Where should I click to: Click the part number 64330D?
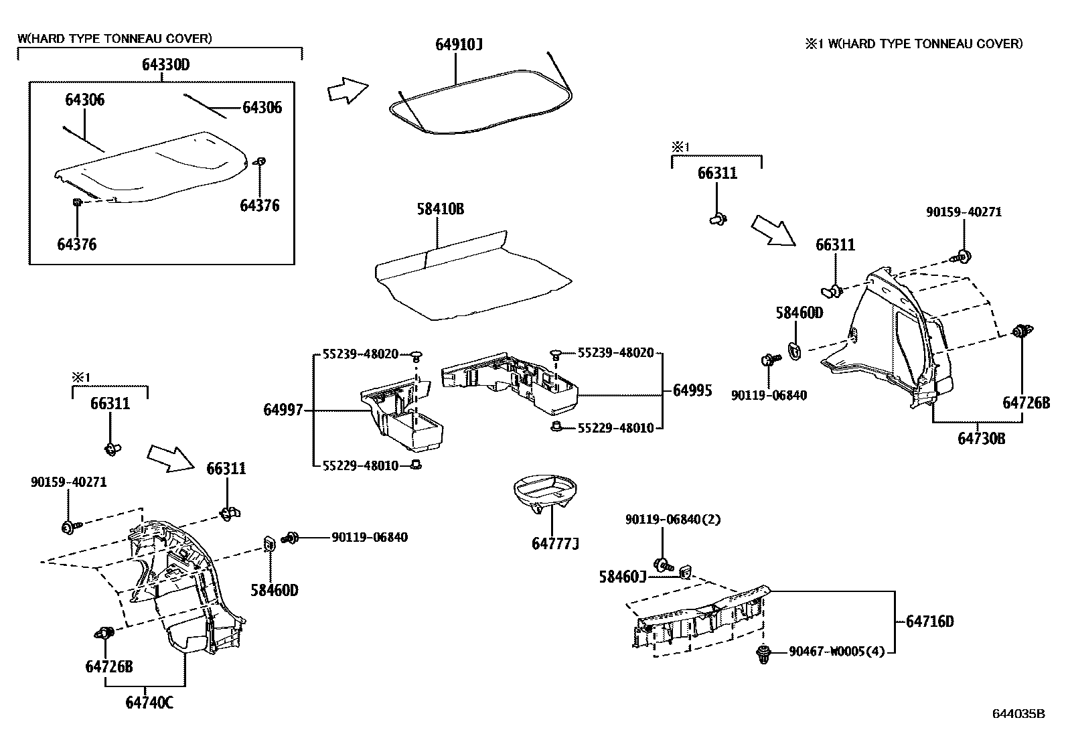coord(165,65)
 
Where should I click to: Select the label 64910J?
coord(459,45)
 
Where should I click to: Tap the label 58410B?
coord(440,209)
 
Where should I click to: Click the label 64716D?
coord(929,621)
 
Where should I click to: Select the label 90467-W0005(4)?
coord(836,651)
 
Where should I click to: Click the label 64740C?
coord(149,703)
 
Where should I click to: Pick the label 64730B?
coord(981,439)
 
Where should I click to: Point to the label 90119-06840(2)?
coord(673,519)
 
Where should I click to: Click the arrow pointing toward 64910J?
coord(348,90)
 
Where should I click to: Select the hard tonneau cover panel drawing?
coord(154,167)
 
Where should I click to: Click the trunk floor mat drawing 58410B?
coord(469,275)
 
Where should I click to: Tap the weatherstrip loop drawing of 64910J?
coord(482,107)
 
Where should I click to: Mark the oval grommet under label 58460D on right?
coord(794,350)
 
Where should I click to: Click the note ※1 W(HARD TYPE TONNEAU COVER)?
coord(913,44)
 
